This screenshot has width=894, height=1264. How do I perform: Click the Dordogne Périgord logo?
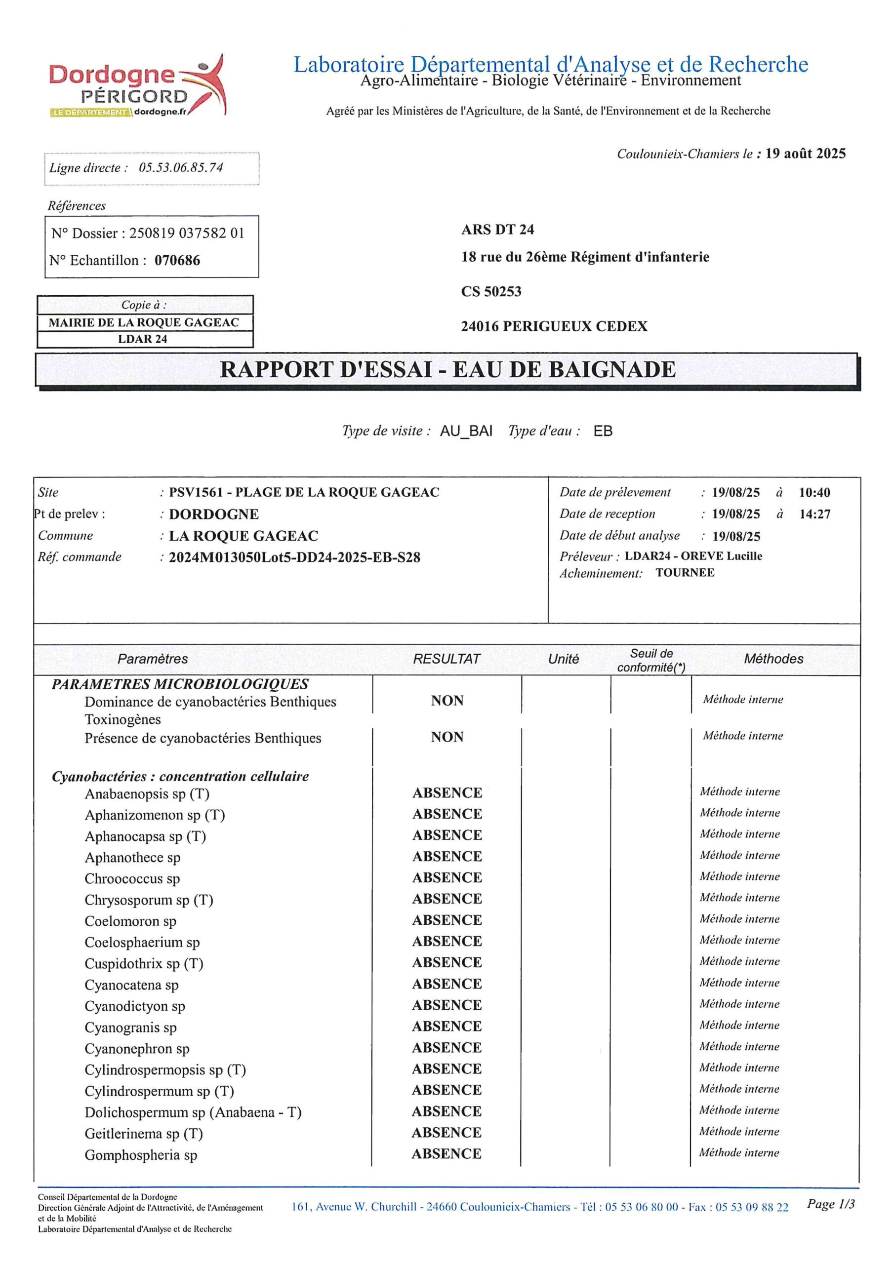click(137, 85)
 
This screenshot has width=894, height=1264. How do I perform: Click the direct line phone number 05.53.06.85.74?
click(181, 167)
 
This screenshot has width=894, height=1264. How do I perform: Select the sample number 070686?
click(177, 260)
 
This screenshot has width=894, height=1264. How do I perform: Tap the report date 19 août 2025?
click(805, 154)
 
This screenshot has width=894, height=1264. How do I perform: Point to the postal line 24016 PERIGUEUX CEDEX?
click(554, 326)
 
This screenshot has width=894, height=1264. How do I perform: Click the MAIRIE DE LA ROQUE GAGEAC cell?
click(144, 322)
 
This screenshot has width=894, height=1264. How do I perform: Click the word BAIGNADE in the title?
click(612, 369)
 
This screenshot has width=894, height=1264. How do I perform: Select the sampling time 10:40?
click(813, 493)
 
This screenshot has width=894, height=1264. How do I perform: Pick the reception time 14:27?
click(814, 514)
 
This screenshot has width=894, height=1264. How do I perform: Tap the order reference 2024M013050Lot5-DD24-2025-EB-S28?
click(294, 557)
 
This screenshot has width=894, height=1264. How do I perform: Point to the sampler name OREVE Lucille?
click(721, 556)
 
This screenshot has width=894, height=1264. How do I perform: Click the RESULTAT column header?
click(446, 659)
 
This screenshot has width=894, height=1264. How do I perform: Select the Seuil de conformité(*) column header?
click(651, 660)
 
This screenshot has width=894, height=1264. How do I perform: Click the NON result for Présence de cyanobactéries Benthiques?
click(447, 737)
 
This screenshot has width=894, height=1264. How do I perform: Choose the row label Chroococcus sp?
click(132, 879)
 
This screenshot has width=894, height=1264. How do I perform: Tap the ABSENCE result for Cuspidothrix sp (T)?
click(447, 962)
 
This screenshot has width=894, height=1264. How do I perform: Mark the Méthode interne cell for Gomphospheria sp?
click(739, 1153)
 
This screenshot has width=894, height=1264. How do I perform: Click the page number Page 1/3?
click(830, 1204)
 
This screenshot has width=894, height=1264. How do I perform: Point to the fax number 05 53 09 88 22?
click(751, 1207)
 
